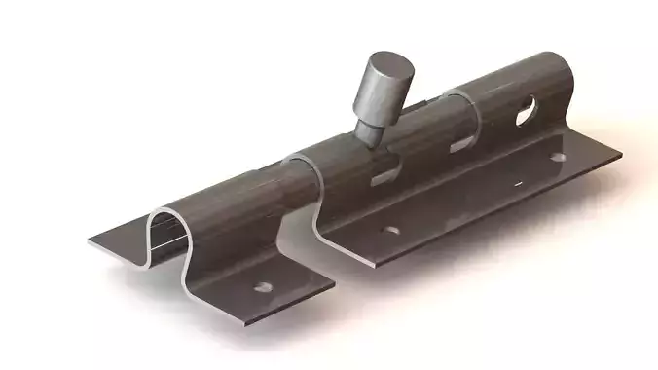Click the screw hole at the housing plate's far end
[x=558, y=157]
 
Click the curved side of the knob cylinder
[x=370, y=97]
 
